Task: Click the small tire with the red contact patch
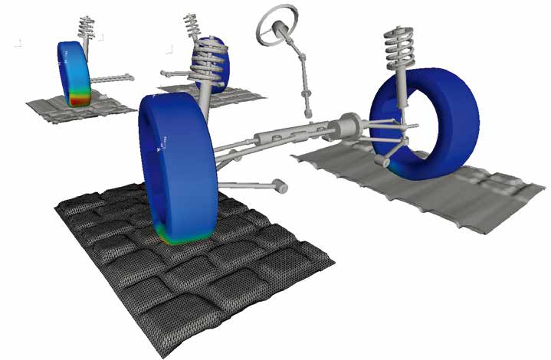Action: coord(73,73)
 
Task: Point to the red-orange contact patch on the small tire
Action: coord(78,98)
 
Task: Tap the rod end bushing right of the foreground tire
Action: coord(281,186)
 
